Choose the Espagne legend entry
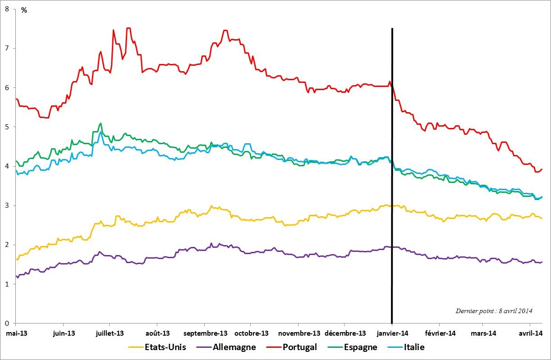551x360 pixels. pos(359,347)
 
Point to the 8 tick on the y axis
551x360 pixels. pos(7,9)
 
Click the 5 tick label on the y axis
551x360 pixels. pos(7,127)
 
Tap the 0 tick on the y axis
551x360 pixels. pos(7,323)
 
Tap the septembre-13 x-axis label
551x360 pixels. pos(204,333)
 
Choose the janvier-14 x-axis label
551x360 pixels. pos(391,333)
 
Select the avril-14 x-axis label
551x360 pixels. pos(529,333)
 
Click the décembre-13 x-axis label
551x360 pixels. pos(344,333)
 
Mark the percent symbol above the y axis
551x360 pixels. pos(24,10)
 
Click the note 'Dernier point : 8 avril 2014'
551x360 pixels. pos(494,311)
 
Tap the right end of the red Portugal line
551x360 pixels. pos(542,169)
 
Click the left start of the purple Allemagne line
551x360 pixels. pos(16,276)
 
